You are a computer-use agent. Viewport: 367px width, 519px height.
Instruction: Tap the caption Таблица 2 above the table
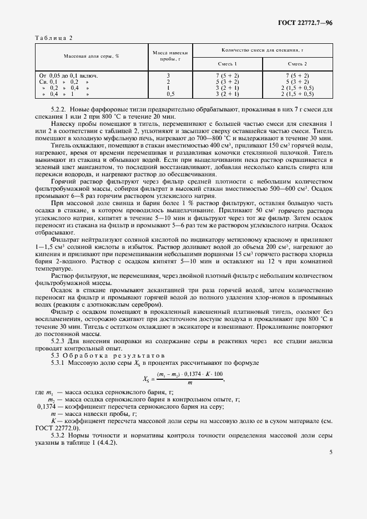tap(54, 38)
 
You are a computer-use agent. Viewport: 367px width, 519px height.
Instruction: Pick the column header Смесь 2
tap(297, 64)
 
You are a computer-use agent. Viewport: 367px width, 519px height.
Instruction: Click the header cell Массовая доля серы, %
tap(92, 57)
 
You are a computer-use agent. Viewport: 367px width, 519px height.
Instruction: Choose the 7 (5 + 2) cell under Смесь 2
tap(297, 75)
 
